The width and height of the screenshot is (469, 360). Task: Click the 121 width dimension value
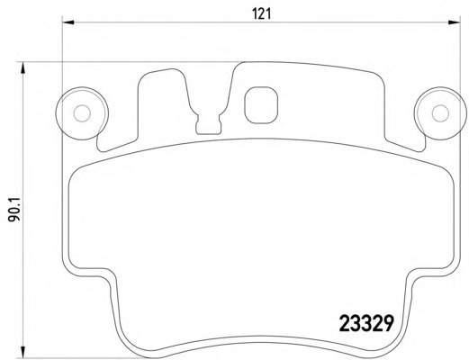tap(261, 13)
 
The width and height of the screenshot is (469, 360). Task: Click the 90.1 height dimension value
tap(14, 209)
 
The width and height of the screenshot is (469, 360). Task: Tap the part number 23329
tap(366, 323)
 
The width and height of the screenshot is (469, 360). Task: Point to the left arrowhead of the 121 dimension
tap(68, 22)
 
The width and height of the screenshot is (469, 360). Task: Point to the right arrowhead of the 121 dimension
tap(454, 22)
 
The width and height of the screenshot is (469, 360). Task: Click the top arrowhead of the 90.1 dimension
tap(23, 67)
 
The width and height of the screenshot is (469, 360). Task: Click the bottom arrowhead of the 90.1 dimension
tap(23, 353)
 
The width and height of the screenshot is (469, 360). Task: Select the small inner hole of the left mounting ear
tap(82, 113)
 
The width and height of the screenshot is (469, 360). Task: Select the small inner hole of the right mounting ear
tap(440, 113)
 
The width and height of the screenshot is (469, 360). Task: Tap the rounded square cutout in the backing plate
tap(261, 105)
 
